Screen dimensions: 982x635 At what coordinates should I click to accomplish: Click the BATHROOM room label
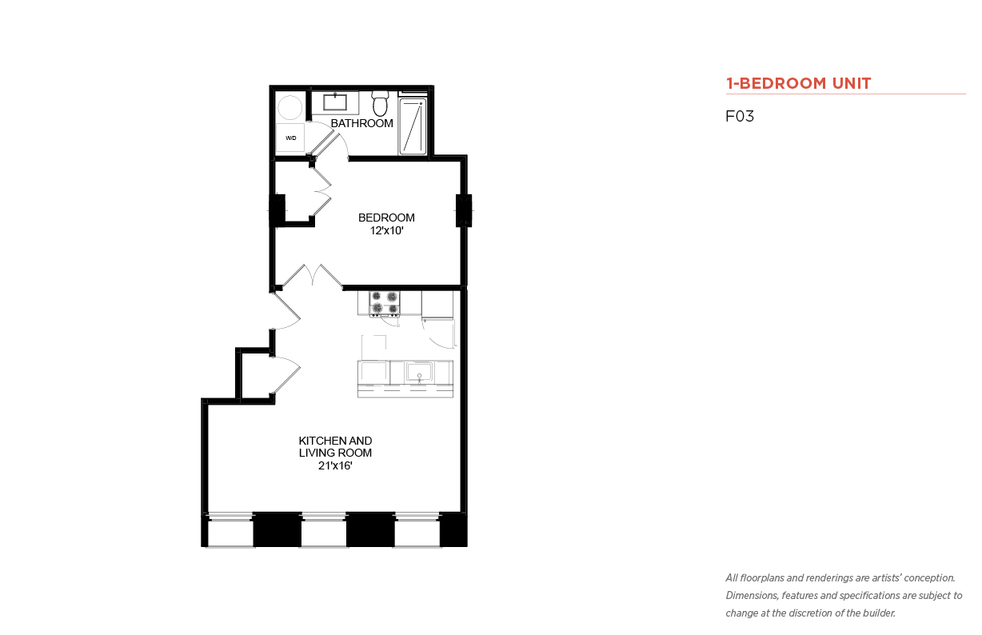tap(361, 123)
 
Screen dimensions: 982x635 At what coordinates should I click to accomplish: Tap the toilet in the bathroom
tap(380, 103)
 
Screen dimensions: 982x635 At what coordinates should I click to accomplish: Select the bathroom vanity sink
tap(335, 102)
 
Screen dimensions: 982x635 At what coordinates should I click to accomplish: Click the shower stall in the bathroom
tap(413, 126)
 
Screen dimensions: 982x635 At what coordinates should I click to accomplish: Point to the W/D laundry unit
tap(290, 138)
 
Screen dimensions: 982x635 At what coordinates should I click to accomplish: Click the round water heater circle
tap(289, 107)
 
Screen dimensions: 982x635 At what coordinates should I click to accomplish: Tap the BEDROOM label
tap(386, 218)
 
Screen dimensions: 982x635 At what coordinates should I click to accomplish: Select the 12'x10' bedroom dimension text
tap(386, 230)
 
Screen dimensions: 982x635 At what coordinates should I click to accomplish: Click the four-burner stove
tap(384, 303)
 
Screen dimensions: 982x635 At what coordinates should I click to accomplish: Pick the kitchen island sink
tap(419, 372)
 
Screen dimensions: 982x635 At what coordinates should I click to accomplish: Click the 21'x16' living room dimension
tap(335, 465)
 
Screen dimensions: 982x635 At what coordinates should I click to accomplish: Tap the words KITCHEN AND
tap(335, 441)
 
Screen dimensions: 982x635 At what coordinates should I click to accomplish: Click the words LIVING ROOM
tap(335, 453)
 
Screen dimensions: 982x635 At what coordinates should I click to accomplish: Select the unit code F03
tap(740, 116)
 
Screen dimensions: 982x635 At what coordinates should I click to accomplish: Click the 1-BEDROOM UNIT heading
tap(798, 83)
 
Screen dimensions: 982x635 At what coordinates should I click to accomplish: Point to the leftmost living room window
tap(230, 529)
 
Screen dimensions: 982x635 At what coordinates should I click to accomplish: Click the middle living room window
tap(324, 529)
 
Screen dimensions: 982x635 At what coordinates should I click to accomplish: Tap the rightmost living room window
tap(417, 529)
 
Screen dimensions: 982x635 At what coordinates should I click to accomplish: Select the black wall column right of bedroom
tap(464, 211)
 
